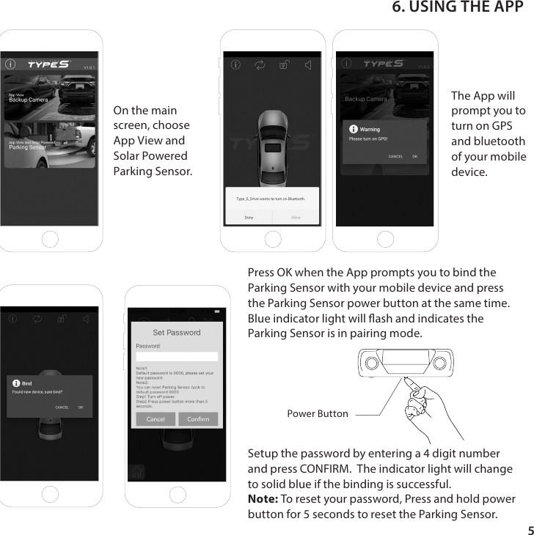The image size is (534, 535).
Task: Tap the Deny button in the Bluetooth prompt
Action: coord(249,217)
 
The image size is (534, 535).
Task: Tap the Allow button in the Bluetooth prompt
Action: coord(296,217)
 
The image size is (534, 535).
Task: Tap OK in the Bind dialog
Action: coord(81,407)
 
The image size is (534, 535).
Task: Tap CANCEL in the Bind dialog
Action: coord(62,407)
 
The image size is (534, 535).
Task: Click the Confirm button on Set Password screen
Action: coord(198,419)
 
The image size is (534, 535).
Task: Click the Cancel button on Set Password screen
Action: coord(156,419)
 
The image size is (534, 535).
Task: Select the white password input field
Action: coord(177,356)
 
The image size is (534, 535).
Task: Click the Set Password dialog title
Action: coord(177,333)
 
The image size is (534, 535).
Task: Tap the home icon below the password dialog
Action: coord(136,472)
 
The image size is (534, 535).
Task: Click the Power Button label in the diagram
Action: coord(318,414)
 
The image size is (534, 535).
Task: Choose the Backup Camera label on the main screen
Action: coord(28,99)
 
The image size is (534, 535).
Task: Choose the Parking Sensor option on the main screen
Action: coord(28,147)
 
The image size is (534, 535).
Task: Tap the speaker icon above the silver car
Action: coord(308,64)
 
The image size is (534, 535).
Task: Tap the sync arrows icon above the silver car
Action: coord(260,64)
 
